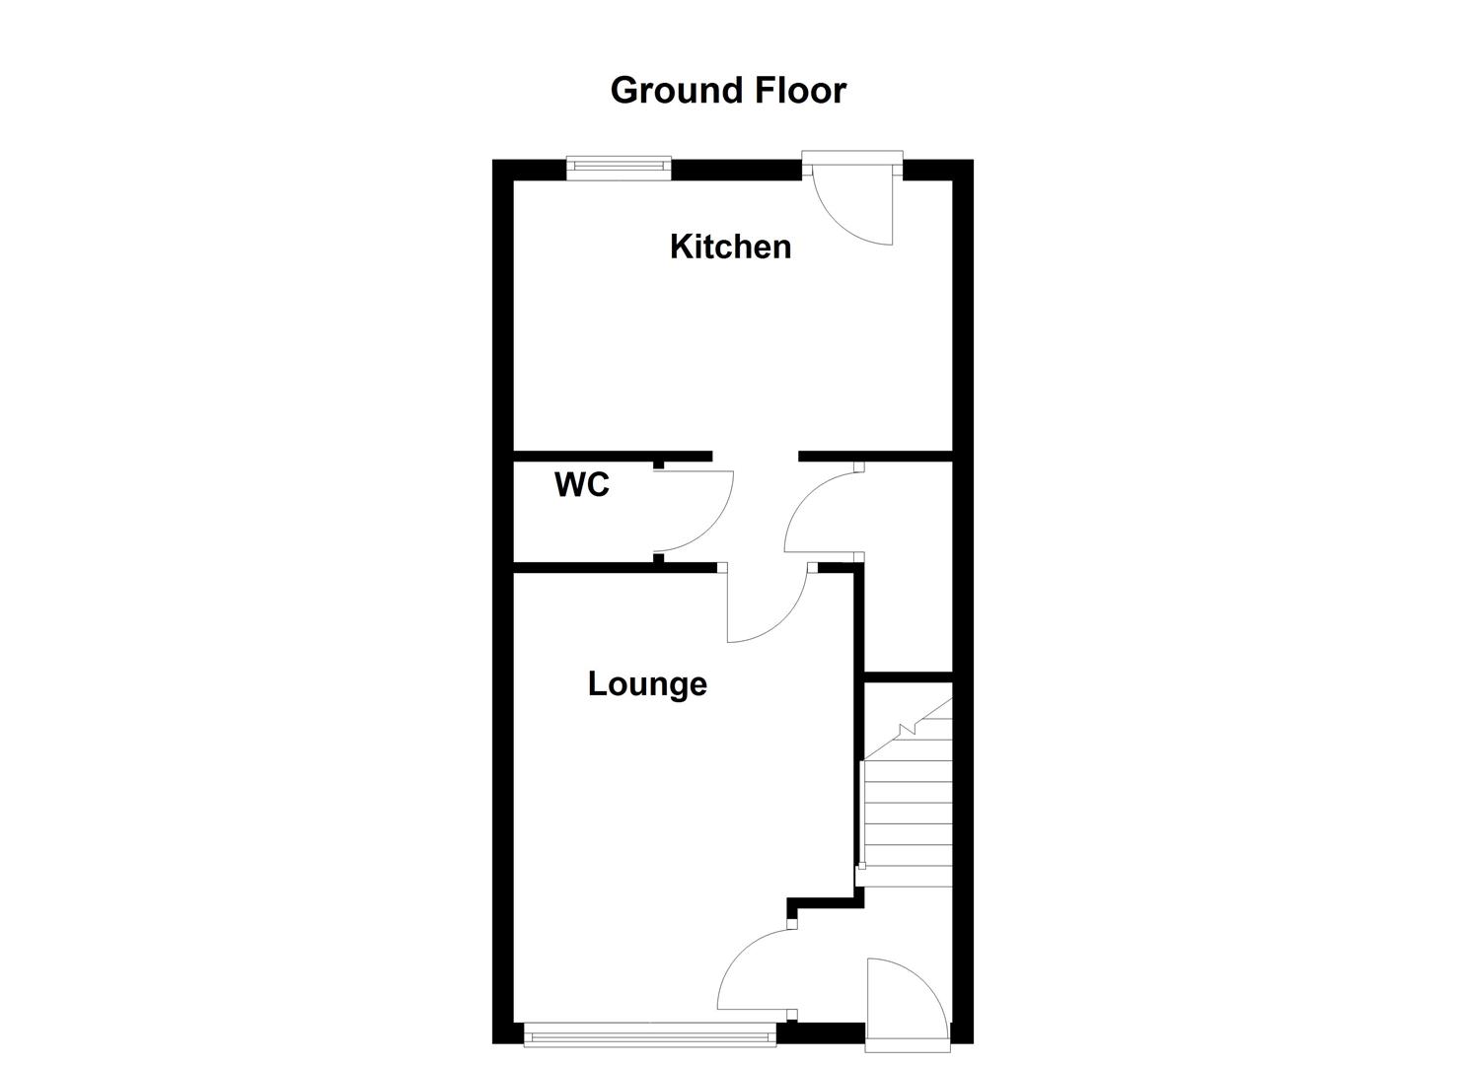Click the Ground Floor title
pyautogui.click(x=728, y=90)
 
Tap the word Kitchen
pyautogui.click(x=730, y=247)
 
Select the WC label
pyautogui.click(x=582, y=485)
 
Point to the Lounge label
pyautogui.click(x=647, y=684)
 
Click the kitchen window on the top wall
pyautogui.click(x=619, y=168)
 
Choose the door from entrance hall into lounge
pyautogui.click(x=755, y=971)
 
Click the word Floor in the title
pyautogui.click(x=800, y=90)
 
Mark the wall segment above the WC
pyautogui.click(x=612, y=456)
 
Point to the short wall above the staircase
pyautogui.click(x=908, y=676)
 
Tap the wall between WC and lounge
pyautogui.click(x=612, y=567)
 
